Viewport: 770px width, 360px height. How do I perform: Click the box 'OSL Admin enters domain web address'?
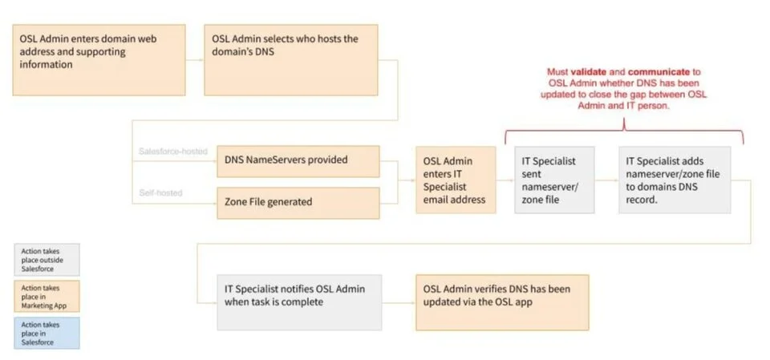(99, 59)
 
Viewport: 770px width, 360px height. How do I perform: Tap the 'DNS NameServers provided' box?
(298, 160)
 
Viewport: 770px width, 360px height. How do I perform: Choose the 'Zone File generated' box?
(298, 202)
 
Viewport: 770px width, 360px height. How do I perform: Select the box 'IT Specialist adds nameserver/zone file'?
(675, 180)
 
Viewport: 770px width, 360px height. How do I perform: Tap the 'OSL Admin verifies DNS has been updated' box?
(501, 301)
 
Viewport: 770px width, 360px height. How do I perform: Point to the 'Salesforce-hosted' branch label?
(173, 152)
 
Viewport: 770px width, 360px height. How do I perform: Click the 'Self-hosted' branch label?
(160, 193)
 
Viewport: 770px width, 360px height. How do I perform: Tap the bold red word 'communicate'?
(658, 71)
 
